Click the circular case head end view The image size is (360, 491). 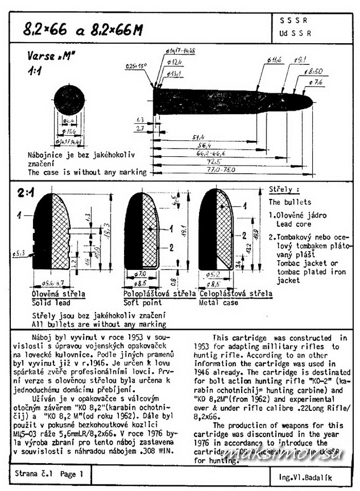click(x=68, y=102)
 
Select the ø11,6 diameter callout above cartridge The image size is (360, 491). click(x=274, y=61)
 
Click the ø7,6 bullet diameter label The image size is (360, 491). click(x=316, y=82)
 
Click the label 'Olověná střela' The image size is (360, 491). click(x=58, y=294)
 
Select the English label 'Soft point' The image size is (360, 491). click(x=140, y=302)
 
